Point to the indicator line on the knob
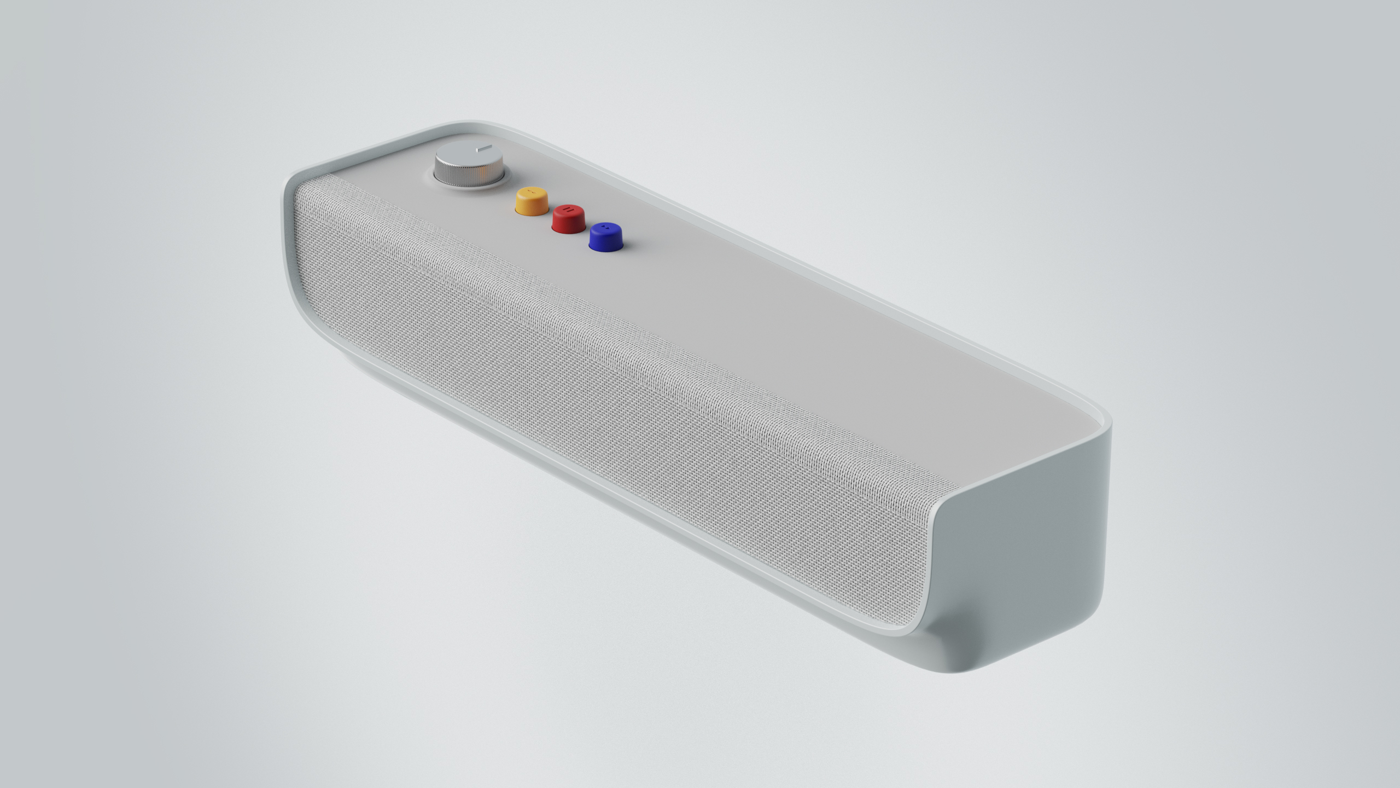pyautogui.click(x=484, y=148)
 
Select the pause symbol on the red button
pyautogui.click(x=569, y=210)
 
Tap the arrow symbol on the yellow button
pyautogui.click(x=532, y=192)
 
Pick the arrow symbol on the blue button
pyautogui.click(x=606, y=227)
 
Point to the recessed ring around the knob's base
pyautogui.click(x=504, y=178)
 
